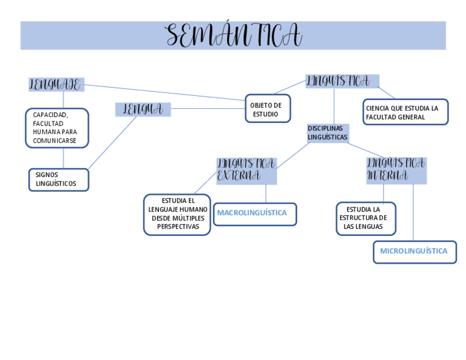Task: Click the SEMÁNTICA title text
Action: [x=234, y=36]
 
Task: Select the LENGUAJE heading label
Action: [x=55, y=85]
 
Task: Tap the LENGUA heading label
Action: [x=143, y=109]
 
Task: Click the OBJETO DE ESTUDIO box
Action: [x=267, y=109]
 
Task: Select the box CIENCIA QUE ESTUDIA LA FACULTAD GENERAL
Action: [x=405, y=112]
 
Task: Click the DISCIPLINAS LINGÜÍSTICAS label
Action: [x=328, y=132]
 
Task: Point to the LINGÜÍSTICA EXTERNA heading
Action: [x=246, y=170]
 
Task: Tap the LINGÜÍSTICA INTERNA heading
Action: [x=396, y=170]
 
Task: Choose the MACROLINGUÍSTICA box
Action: [x=254, y=214]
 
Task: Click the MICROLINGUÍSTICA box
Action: [x=414, y=252]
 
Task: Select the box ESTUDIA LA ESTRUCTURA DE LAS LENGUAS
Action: [x=365, y=218]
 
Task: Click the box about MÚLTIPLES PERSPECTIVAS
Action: [x=177, y=214]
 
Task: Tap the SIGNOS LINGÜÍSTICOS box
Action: [x=58, y=180]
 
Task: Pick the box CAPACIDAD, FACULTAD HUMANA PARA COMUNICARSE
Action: [x=57, y=128]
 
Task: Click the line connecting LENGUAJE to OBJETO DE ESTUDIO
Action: [x=165, y=92]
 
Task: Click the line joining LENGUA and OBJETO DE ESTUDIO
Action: [x=208, y=108]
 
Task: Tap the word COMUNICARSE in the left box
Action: [x=54, y=141]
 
